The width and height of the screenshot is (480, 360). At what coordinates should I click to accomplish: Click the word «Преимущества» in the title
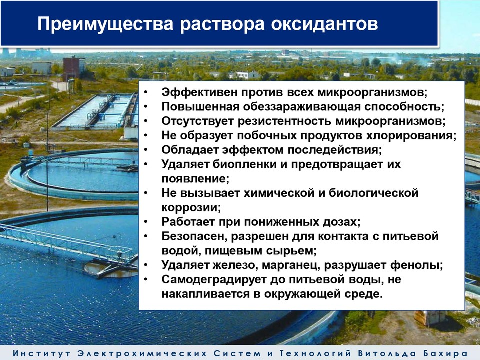pos(105,24)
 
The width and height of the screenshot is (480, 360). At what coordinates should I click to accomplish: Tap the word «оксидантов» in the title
pos(325,24)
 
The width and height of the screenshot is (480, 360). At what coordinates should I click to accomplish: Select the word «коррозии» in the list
pos(191,207)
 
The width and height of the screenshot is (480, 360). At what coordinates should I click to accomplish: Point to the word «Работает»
pos(188,221)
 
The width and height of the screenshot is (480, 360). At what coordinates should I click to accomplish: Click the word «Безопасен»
pos(194,236)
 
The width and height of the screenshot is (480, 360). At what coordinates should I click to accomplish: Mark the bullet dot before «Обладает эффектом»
pos(146,150)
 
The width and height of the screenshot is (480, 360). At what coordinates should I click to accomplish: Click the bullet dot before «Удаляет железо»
pos(146,265)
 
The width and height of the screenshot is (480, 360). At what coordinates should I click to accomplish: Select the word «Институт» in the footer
pos(41,353)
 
